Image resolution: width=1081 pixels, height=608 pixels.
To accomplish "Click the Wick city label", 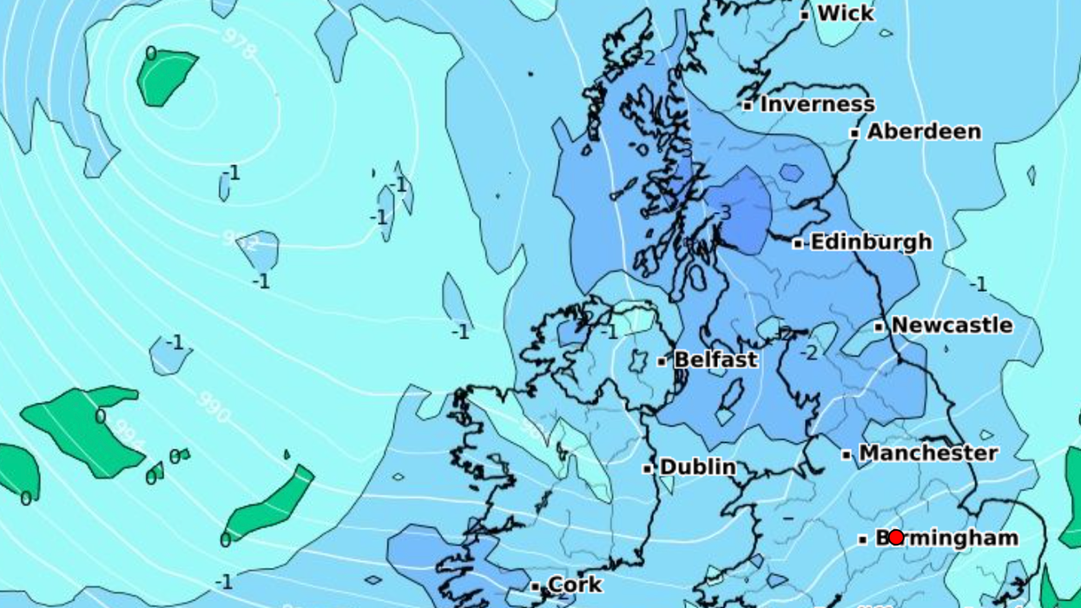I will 846,13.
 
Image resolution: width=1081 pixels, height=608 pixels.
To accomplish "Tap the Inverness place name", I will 817,104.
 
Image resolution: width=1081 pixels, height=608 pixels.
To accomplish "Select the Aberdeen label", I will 924,132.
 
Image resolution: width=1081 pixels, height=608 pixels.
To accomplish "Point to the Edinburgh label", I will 871,242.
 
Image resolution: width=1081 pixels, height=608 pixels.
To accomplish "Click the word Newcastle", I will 952,326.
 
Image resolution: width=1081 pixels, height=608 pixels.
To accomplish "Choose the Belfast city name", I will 715,360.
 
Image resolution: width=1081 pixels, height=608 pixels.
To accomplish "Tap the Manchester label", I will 928,453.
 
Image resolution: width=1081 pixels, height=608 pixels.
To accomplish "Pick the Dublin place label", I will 697,467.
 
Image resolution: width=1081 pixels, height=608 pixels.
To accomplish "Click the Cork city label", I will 576,585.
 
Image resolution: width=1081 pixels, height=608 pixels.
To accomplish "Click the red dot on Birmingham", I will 896,538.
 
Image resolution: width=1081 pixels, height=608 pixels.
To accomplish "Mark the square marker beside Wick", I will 805,15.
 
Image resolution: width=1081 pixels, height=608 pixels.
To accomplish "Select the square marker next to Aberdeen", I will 854,134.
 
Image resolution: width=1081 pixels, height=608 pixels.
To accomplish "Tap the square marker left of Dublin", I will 648,469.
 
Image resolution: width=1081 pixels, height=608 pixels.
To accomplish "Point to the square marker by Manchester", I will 847,454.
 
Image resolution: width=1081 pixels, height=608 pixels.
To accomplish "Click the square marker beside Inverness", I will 748,106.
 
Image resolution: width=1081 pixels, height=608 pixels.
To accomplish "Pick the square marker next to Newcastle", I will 879,327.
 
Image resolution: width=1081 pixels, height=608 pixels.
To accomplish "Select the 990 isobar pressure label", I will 214,406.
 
